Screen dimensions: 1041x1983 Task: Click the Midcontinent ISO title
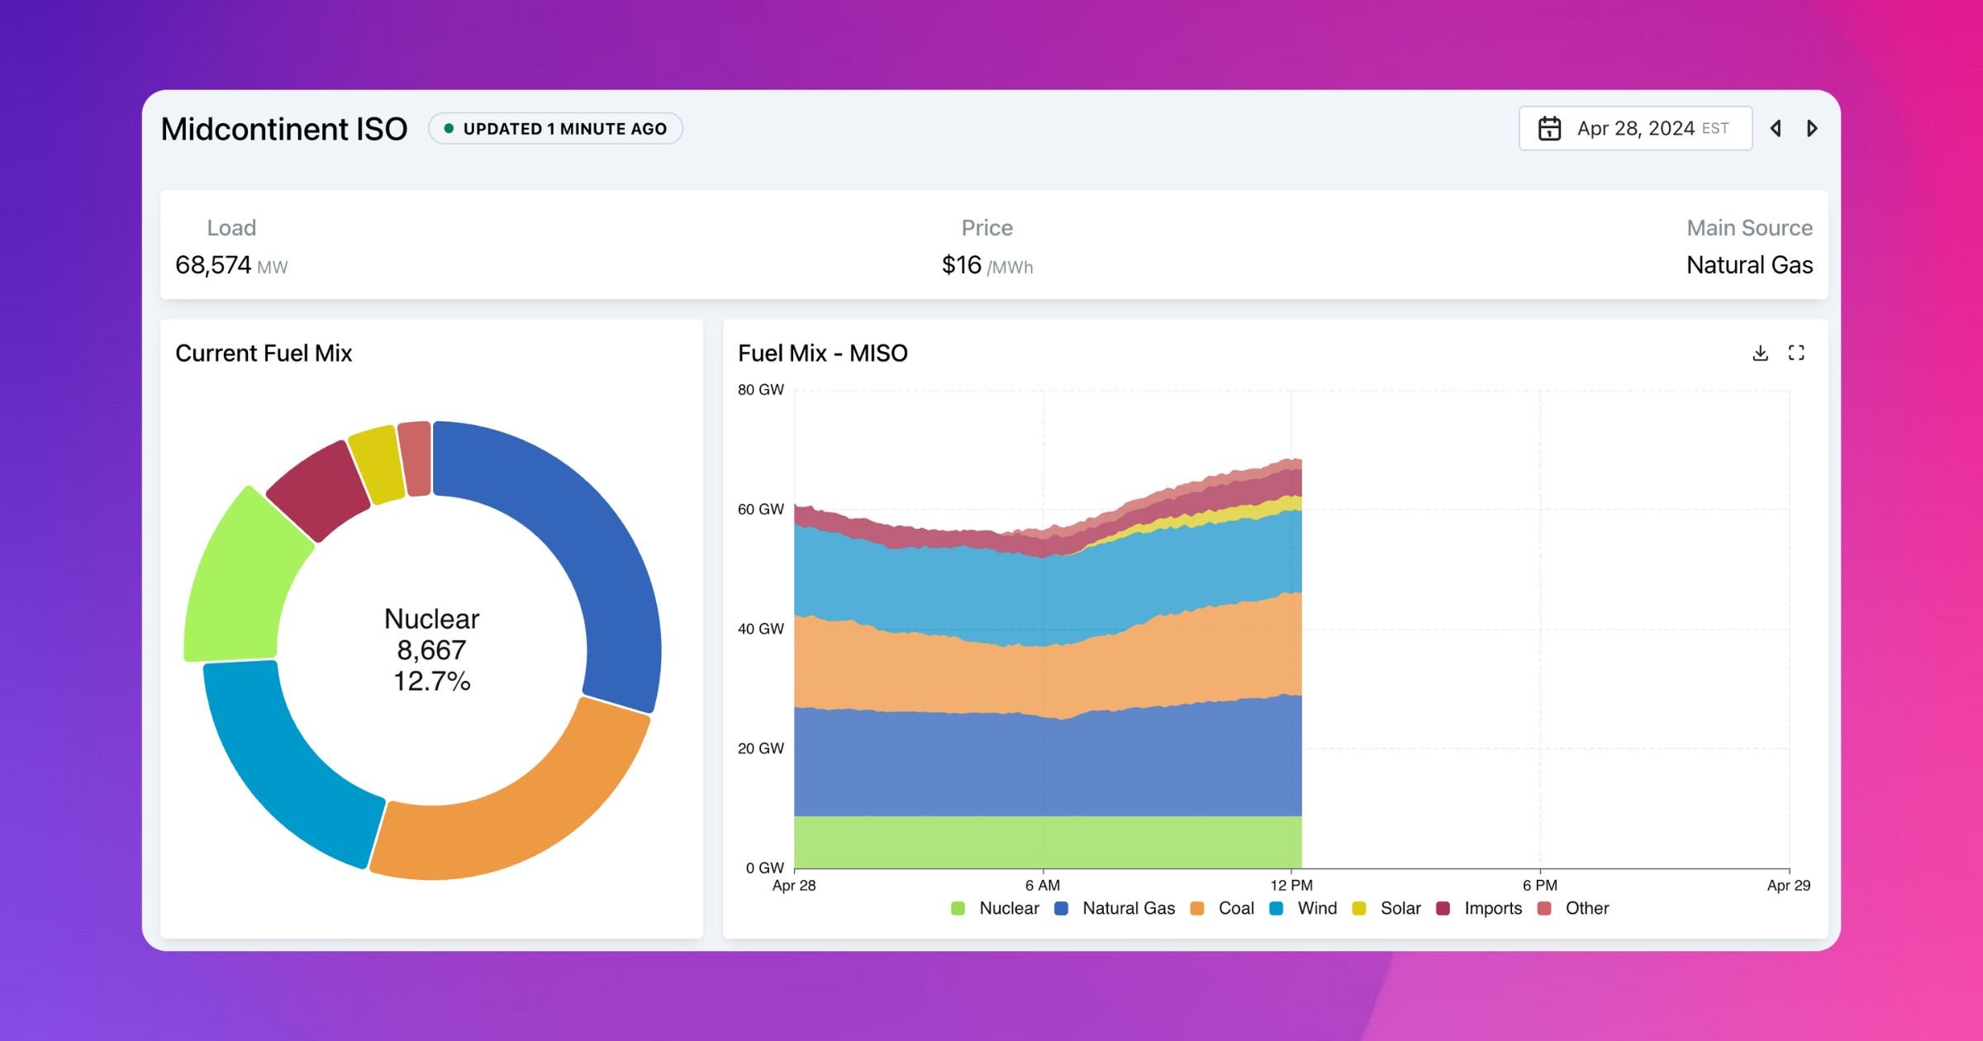[x=283, y=129]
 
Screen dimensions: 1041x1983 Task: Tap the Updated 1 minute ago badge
[x=555, y=129]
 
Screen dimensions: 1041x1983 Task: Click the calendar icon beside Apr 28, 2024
[x=1549, y=129]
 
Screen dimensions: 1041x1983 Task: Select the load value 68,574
[x=213, y=265]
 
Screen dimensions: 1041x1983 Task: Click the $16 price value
[x=962, y=265]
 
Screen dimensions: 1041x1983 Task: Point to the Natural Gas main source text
[x=1749, y=265]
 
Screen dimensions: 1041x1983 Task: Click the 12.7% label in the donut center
[x=431, y=682]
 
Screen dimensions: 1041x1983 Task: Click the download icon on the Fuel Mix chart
[x=1760, y=354]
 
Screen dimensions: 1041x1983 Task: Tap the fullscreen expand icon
[x=1796, y=354]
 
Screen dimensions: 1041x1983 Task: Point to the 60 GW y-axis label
[x=760, y=510]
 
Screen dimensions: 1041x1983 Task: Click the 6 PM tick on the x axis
[x=1539, y=885]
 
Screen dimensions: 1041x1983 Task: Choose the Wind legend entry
[x=1315, y=908]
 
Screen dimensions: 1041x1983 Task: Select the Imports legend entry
[x=1491, y=908]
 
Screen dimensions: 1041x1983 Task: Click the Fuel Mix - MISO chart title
[x=822, y=354]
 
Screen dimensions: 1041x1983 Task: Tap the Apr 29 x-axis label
[x=1788, y=886]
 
